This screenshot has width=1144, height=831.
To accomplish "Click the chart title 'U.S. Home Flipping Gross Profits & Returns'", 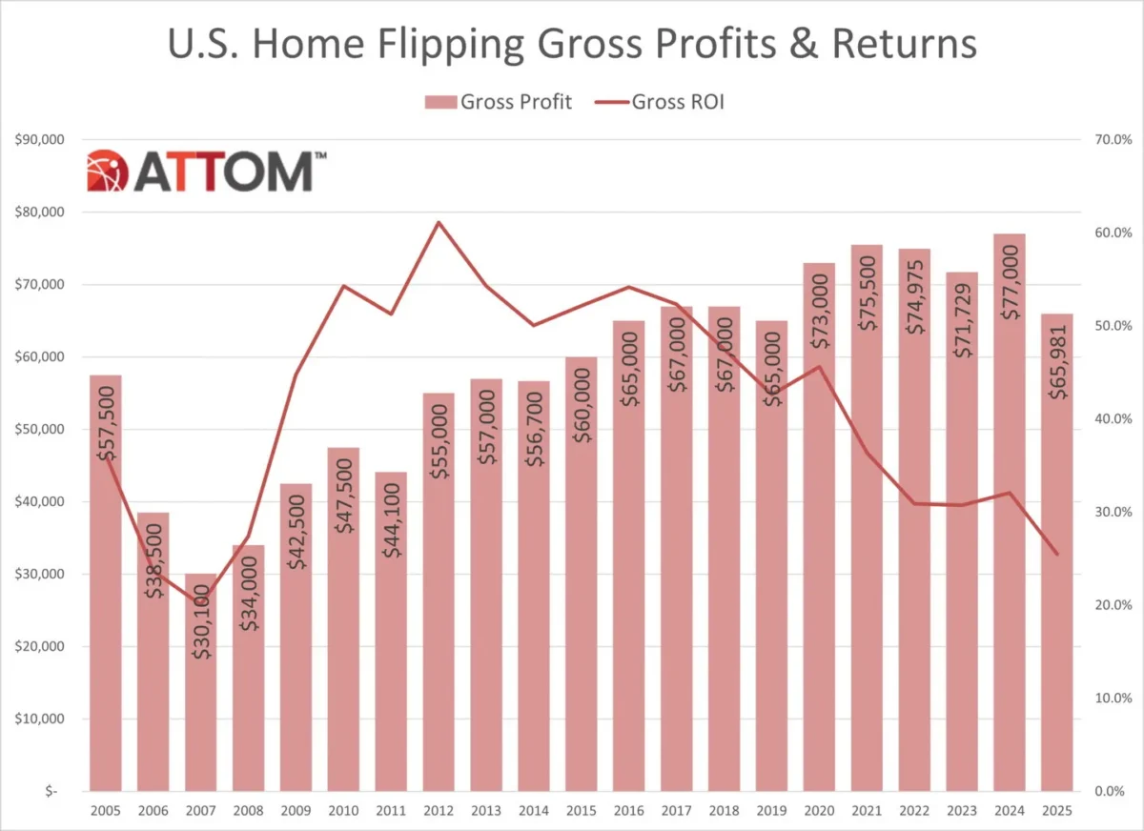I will point(572,46).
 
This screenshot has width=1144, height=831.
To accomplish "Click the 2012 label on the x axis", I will point(438,810).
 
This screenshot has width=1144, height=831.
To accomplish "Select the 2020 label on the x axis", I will point(818,810).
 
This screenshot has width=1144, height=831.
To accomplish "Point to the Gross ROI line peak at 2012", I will point(438,222).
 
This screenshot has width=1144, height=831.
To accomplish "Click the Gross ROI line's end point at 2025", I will point(1056,555).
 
